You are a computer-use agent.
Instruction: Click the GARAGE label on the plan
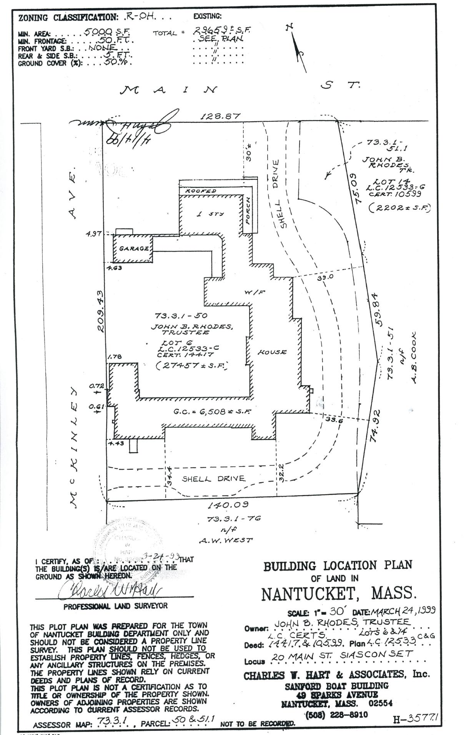tap(134, 248)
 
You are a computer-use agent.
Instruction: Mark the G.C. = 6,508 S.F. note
tap(212, 411)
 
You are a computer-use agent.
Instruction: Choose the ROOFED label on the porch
tap(201, 191)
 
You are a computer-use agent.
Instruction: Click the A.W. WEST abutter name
tap(226, 540)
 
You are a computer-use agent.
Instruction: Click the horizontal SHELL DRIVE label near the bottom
tap(213, 478)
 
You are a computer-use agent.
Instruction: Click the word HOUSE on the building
tap(272, 352)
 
